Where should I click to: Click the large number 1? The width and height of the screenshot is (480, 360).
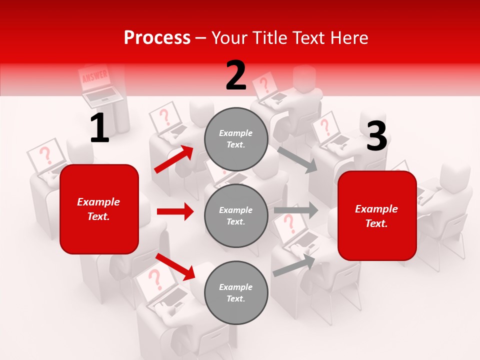pos(99,128)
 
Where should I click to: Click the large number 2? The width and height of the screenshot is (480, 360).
pos(236,75)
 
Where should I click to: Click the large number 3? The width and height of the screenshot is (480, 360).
pos(376,136)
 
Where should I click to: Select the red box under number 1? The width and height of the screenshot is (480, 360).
pos(99,209)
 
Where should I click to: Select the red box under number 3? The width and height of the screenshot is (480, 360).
pos(377,216)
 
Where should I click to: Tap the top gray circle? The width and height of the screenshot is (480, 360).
pos(236,139)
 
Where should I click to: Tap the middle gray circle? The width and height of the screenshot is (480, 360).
pos(236,215)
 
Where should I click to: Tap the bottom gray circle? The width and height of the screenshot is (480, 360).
pos(236,292)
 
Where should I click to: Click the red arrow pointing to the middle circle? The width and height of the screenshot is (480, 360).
pos(175,211)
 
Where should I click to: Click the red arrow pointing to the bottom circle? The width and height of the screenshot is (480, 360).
pos(175,266)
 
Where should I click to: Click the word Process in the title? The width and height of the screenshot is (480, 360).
pos(157,38)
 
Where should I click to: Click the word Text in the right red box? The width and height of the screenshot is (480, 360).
pos(376,223)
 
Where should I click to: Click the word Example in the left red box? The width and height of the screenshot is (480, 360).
pos(98,202)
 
